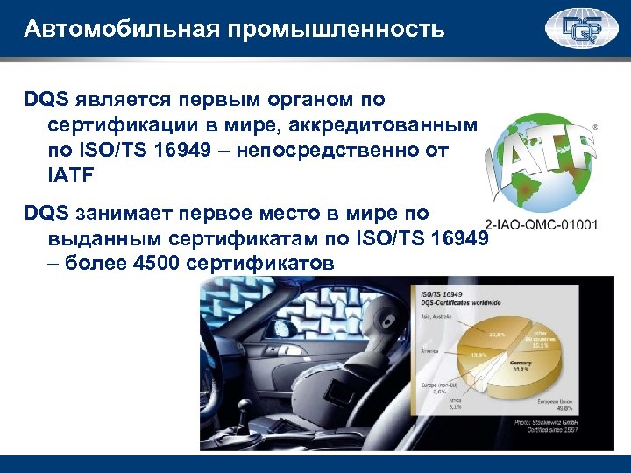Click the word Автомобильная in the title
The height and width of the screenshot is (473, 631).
[x=123, y=30]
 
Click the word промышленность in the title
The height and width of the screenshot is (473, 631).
[x=337, y=30]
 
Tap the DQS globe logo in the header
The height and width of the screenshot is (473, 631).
[x=581, y=29]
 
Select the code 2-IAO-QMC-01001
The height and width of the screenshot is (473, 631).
[x=541, y=223]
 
